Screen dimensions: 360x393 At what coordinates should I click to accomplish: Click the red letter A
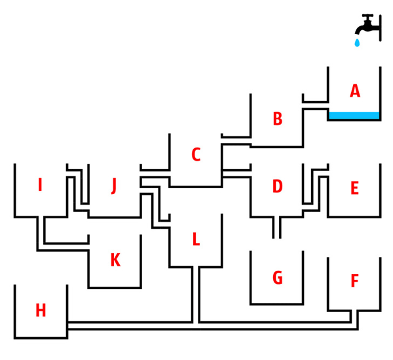(x=355, y=91)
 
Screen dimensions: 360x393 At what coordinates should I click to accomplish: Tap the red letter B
(x=277, y=119)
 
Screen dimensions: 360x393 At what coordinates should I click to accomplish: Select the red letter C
(x=195, y=155)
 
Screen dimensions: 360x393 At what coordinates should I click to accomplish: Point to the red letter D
(x=277, y=186)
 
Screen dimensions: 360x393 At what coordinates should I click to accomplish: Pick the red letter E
(x=354, y=189)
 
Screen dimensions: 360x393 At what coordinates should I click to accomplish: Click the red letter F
(x=354, y=281)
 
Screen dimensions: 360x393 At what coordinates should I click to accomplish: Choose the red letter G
(x=277, y=278)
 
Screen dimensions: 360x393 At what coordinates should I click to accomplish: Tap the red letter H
(x=41, y=310)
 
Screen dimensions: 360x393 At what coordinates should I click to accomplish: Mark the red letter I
(x=40, y=186)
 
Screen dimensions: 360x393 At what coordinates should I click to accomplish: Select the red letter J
(x=114, y=186)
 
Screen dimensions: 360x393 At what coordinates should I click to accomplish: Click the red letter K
(x=115, y=260)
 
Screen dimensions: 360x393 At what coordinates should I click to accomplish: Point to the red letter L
(x=195, y=240)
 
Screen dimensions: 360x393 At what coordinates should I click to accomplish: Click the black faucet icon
(x=367, y=25)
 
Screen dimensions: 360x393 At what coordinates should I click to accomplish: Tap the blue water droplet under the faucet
(x=357, y=43)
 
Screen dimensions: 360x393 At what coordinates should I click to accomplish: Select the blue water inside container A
(x=354, y=116)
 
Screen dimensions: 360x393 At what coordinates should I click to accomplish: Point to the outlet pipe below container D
(x=276, y=227)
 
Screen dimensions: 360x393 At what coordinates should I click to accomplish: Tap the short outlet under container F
(x=354, y=318)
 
